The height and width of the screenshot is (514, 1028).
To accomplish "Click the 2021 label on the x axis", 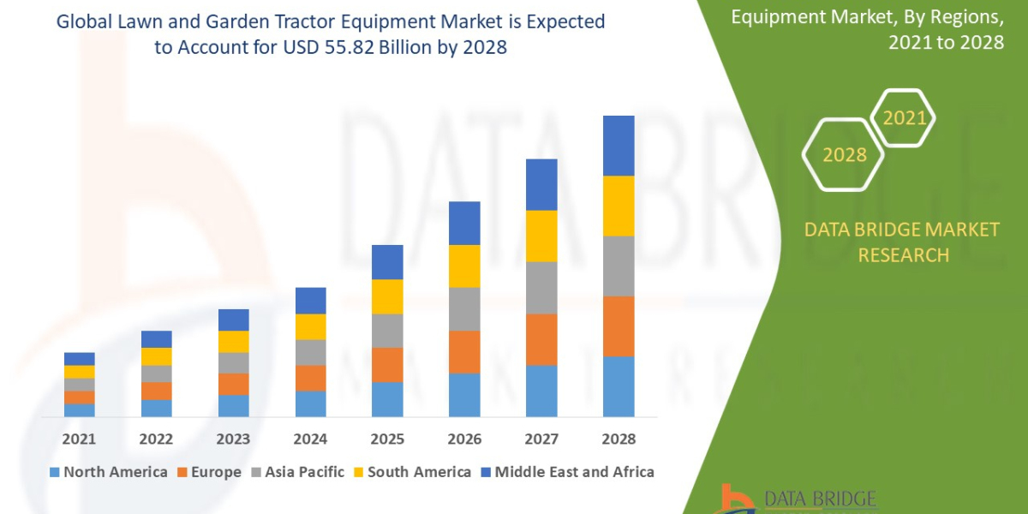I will click(79, 439).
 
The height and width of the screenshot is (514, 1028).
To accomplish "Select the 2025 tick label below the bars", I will click(387, 439).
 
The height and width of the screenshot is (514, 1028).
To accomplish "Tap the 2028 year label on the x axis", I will click(619, 439).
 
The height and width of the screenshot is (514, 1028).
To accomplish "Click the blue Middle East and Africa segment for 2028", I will click(619, 146).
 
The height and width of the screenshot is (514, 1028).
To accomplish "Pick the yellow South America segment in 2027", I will click(541, 236).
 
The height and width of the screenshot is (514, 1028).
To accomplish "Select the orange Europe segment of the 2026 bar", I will click(464, 351).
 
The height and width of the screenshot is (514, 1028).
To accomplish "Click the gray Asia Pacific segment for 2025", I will click(387, 331).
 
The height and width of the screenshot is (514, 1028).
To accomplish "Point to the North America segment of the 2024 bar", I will click(310, 403).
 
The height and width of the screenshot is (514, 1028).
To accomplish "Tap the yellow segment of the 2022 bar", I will click(156, 356).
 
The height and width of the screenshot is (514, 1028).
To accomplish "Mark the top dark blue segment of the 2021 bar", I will click(79, 358).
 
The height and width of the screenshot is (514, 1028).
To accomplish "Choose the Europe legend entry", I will click(210, 472).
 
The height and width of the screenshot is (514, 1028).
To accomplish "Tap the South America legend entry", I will click(412, 472).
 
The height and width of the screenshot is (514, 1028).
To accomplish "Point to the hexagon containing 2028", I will click(844, 155).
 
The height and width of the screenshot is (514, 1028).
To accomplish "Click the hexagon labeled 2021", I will click(904, 118).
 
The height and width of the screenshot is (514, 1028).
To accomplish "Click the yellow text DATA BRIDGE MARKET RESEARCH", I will click(903, 242).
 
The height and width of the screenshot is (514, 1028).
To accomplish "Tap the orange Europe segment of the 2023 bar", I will click(233, 384).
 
